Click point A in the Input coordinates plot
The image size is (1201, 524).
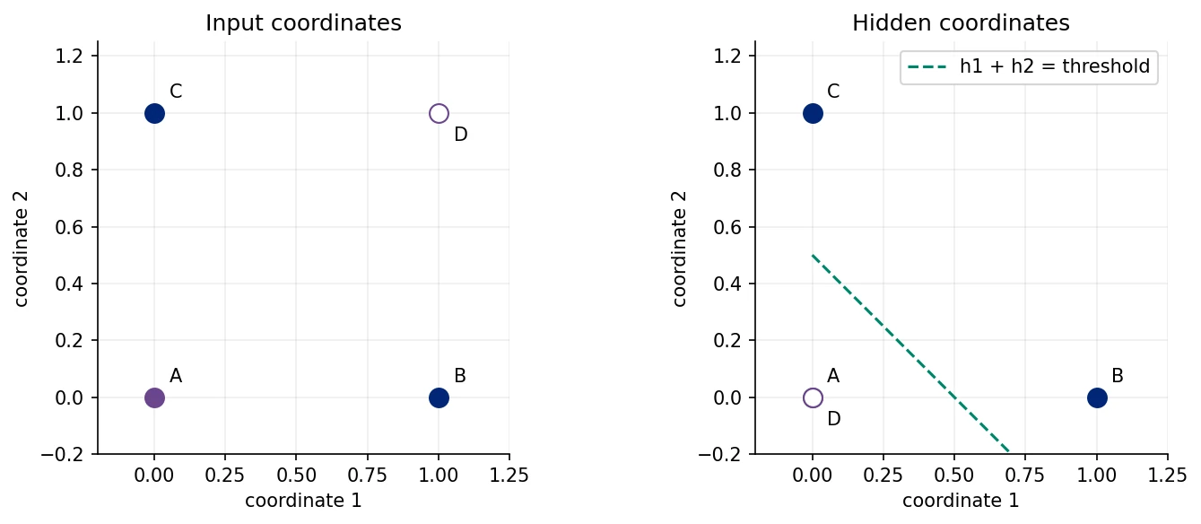click(x=154, y=398)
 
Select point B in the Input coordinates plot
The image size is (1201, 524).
click(x=439, y=398)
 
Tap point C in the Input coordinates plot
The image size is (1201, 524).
click(x=154, y=114)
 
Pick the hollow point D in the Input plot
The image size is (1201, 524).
click(x=439, y=114)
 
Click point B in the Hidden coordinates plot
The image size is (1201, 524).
click(x=1097, y=398)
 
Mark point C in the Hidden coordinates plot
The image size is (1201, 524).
click(x=813, y=114)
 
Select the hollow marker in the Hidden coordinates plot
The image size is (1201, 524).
click(x=813, y=398)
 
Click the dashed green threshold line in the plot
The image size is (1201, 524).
click(x=910, y=354)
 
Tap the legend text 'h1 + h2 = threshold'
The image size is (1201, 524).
click(x=1055, y=66)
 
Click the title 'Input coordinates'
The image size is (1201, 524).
click(x=303, y=23)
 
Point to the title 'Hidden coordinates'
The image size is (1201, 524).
click(x=961, y=23)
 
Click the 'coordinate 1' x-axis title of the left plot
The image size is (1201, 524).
click(x=303, y=501)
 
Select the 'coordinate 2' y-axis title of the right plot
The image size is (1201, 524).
click(x=679, y=249)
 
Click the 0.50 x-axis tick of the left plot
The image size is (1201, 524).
click(x=296, y=476)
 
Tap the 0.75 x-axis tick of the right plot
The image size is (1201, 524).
click(x=1024, y=476)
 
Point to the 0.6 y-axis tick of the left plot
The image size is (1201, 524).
click(x=69, y=227)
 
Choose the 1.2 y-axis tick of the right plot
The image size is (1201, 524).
click(x=727, y=56)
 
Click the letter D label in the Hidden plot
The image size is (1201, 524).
click(x=834, y=419)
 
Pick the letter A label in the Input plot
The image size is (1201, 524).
click(x=176, y=376)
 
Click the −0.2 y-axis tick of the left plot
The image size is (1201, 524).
click(x=62, y=454)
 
